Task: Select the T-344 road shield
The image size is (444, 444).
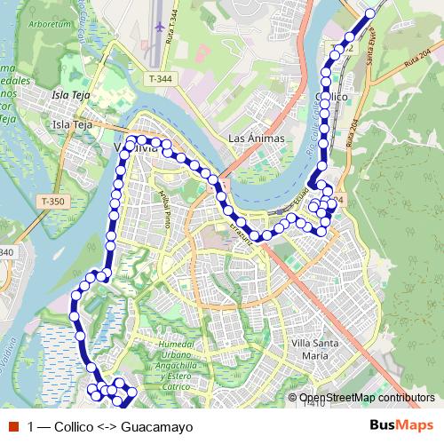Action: [x=161, y=80]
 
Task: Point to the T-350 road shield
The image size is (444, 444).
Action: [x=53, y=202]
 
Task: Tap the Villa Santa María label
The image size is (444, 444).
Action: [x=309, y=348]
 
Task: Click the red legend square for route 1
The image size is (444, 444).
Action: [x=13, y=426]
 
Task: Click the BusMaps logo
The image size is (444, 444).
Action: [x=401, y=426]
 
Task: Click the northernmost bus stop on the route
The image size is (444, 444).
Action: [x=370, y=13]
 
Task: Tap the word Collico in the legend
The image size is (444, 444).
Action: [x=74, y=427]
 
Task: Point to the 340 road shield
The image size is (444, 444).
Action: [x=7, y=253]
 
